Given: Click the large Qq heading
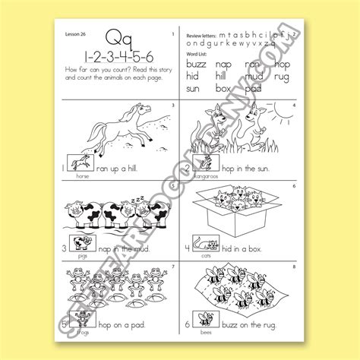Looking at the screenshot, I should click(115, 36).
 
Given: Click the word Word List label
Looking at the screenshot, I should click(197, 54).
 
